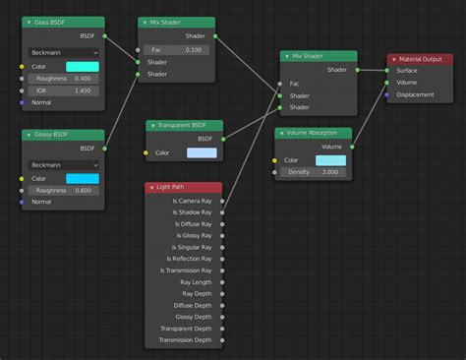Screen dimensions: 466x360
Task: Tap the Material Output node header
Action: click(422, 59)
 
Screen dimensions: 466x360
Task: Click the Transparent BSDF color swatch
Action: click(202, 152)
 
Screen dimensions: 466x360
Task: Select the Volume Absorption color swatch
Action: click(330, 160)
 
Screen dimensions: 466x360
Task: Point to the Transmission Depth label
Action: click(188, 340)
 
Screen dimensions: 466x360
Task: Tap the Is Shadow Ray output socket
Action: click(222, 212)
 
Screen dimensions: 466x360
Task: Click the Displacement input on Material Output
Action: click(387, 95)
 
